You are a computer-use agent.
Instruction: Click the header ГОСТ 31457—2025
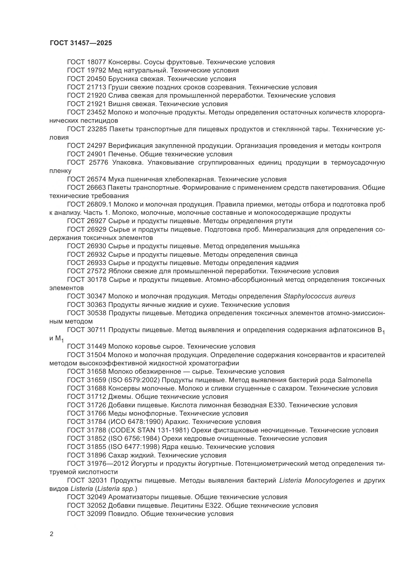coord(81,43)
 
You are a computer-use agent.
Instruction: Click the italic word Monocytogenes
coord(329,480)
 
